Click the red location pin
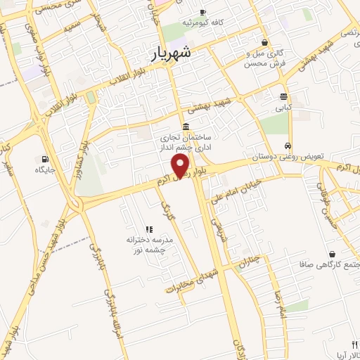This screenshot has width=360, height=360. pos(181,166)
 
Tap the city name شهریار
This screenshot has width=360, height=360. pos(172,52)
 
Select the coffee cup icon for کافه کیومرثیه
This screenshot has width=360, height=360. pos(202,12)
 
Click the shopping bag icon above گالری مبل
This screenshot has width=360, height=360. pos(264,42)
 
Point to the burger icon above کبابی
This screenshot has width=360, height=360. pos(283,97)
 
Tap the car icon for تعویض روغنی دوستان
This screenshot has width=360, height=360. pos(288,146)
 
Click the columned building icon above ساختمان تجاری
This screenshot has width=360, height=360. pos(185,127)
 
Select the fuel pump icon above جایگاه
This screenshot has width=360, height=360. pos(45,159)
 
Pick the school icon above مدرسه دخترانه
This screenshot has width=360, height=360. pos(148,229)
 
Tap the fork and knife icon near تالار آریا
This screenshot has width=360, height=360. pos(354,345)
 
